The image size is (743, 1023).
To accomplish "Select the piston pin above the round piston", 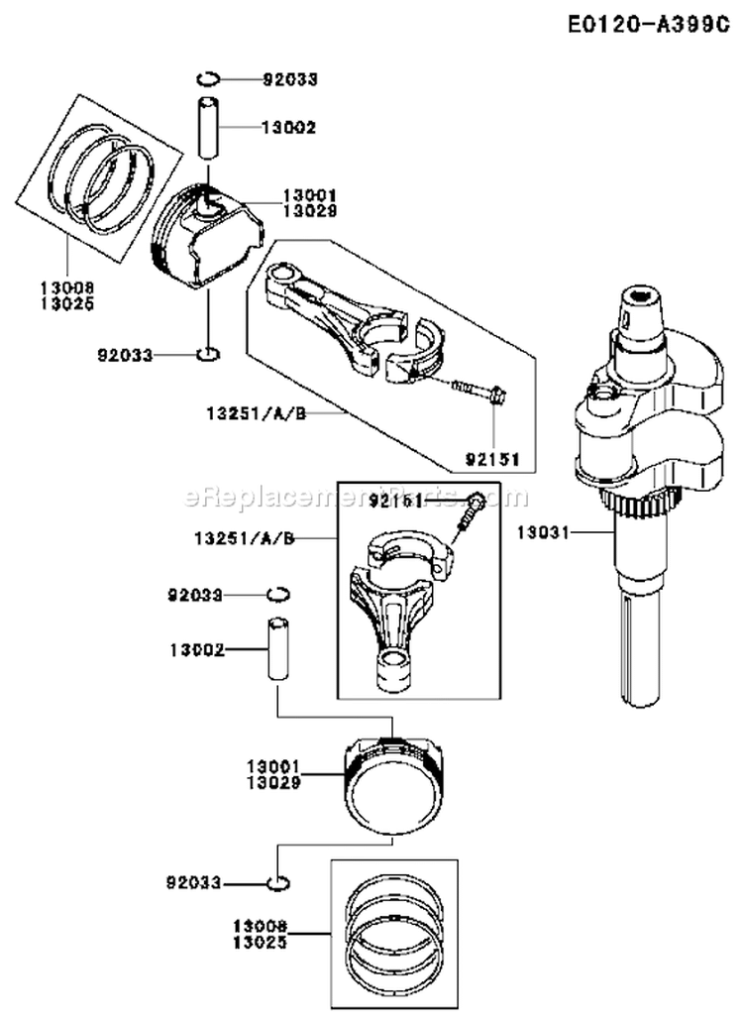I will click(273, 649).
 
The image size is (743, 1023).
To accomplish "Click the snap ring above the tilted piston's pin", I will click(210, 78).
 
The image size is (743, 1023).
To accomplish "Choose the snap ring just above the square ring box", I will click(279, 881).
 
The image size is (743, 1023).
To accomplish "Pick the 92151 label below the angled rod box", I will click(498, 459).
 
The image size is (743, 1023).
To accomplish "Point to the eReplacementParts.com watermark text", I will click(357, 497).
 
